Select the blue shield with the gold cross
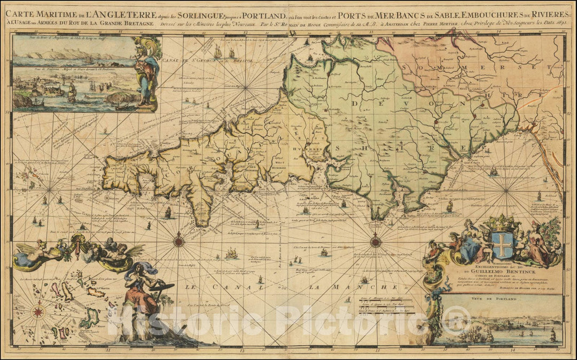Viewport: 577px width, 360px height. click(502, 245)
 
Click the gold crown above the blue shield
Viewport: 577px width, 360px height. click(502, 221)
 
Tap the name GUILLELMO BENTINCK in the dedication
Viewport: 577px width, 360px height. click(486, 271)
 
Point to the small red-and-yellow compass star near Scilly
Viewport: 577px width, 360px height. click(37, 310)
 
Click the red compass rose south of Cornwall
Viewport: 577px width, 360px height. click(178, 241)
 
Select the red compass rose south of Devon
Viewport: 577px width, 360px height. click(376, 242)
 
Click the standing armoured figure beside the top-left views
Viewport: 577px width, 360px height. click(145, 72)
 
